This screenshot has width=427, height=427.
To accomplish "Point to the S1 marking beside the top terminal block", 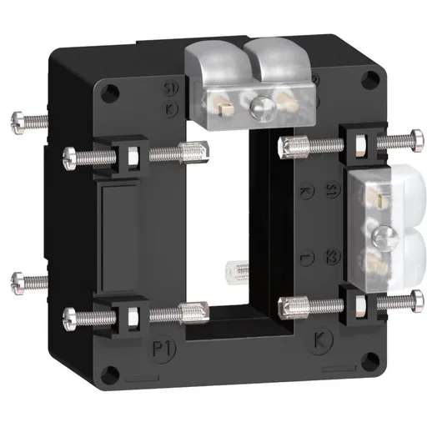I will coord(171,88).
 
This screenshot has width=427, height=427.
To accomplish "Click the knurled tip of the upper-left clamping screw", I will coord(198,153).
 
